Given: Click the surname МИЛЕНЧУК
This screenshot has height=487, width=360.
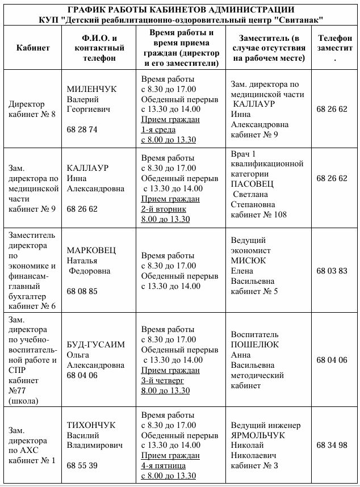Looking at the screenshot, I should pyautogui.click(x=91, y=89).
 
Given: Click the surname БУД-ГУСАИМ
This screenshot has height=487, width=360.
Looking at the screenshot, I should pyautogui.click(x=95, y=345).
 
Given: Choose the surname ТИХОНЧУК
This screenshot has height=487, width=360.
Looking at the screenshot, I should pyautogui.click(x=91, y=425).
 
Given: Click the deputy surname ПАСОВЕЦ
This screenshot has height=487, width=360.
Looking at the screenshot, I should pyautogui.click(x=252, y=184).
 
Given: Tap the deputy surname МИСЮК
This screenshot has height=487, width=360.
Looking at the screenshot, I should pyautogui.click(x=248, y=261).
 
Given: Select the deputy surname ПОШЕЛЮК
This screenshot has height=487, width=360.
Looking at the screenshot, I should pyautogui.click(x=255, y=345).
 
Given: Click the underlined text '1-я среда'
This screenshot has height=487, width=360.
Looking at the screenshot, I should pyautogui.click(x=160, y=129).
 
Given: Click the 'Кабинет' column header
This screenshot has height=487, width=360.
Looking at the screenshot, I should pyautogui.click(x=33, y=48).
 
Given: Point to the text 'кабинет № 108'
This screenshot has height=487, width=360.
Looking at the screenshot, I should pyautogui.click(x=258, y=215).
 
